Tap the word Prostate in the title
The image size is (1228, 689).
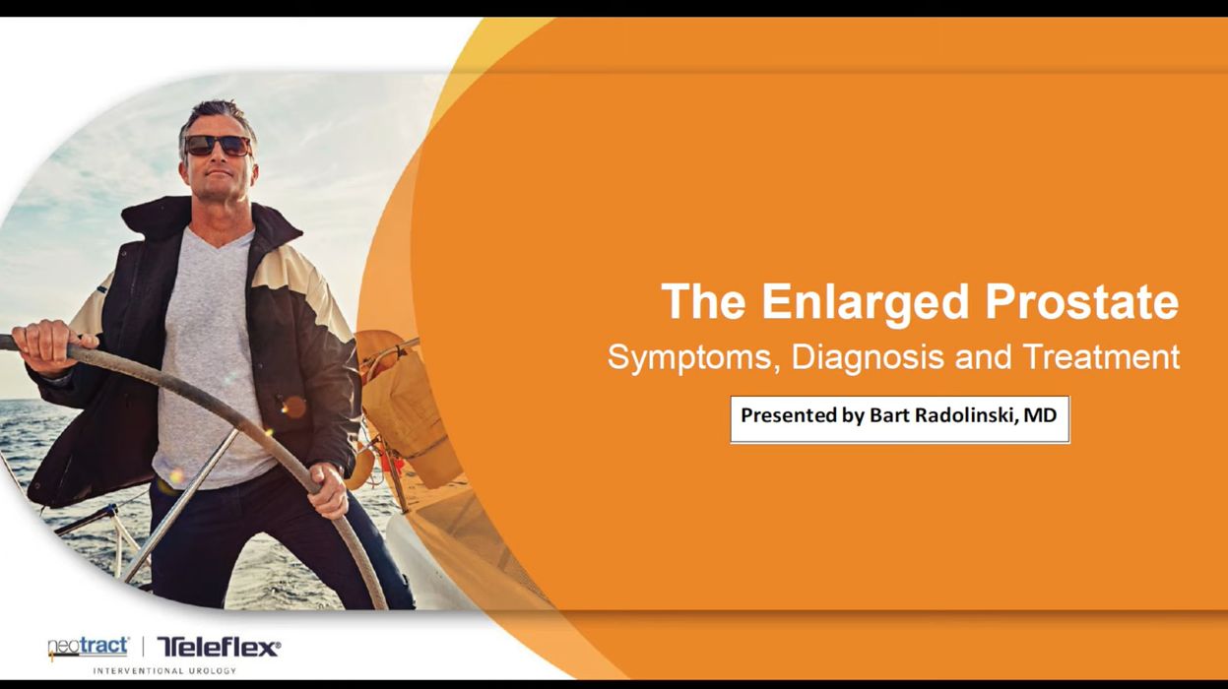[1082, 301]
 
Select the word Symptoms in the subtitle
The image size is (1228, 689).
[693, 358]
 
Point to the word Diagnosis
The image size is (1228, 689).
[868, 358]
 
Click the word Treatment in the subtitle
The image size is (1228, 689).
[1102, 356]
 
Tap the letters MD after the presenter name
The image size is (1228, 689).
[1040, 415]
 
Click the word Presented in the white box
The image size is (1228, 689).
[787, 415]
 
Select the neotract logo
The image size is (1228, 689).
[89, 648]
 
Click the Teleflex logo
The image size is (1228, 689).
[220, 648]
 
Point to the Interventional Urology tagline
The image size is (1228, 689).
[164, 671]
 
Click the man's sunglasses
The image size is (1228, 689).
[218, 146]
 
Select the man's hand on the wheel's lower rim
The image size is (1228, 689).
[328, 490]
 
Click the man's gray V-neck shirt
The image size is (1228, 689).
[210, 356]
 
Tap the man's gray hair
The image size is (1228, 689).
[218, 118]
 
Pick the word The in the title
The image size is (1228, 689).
[703, 301]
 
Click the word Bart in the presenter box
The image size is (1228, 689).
[889, 415]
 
